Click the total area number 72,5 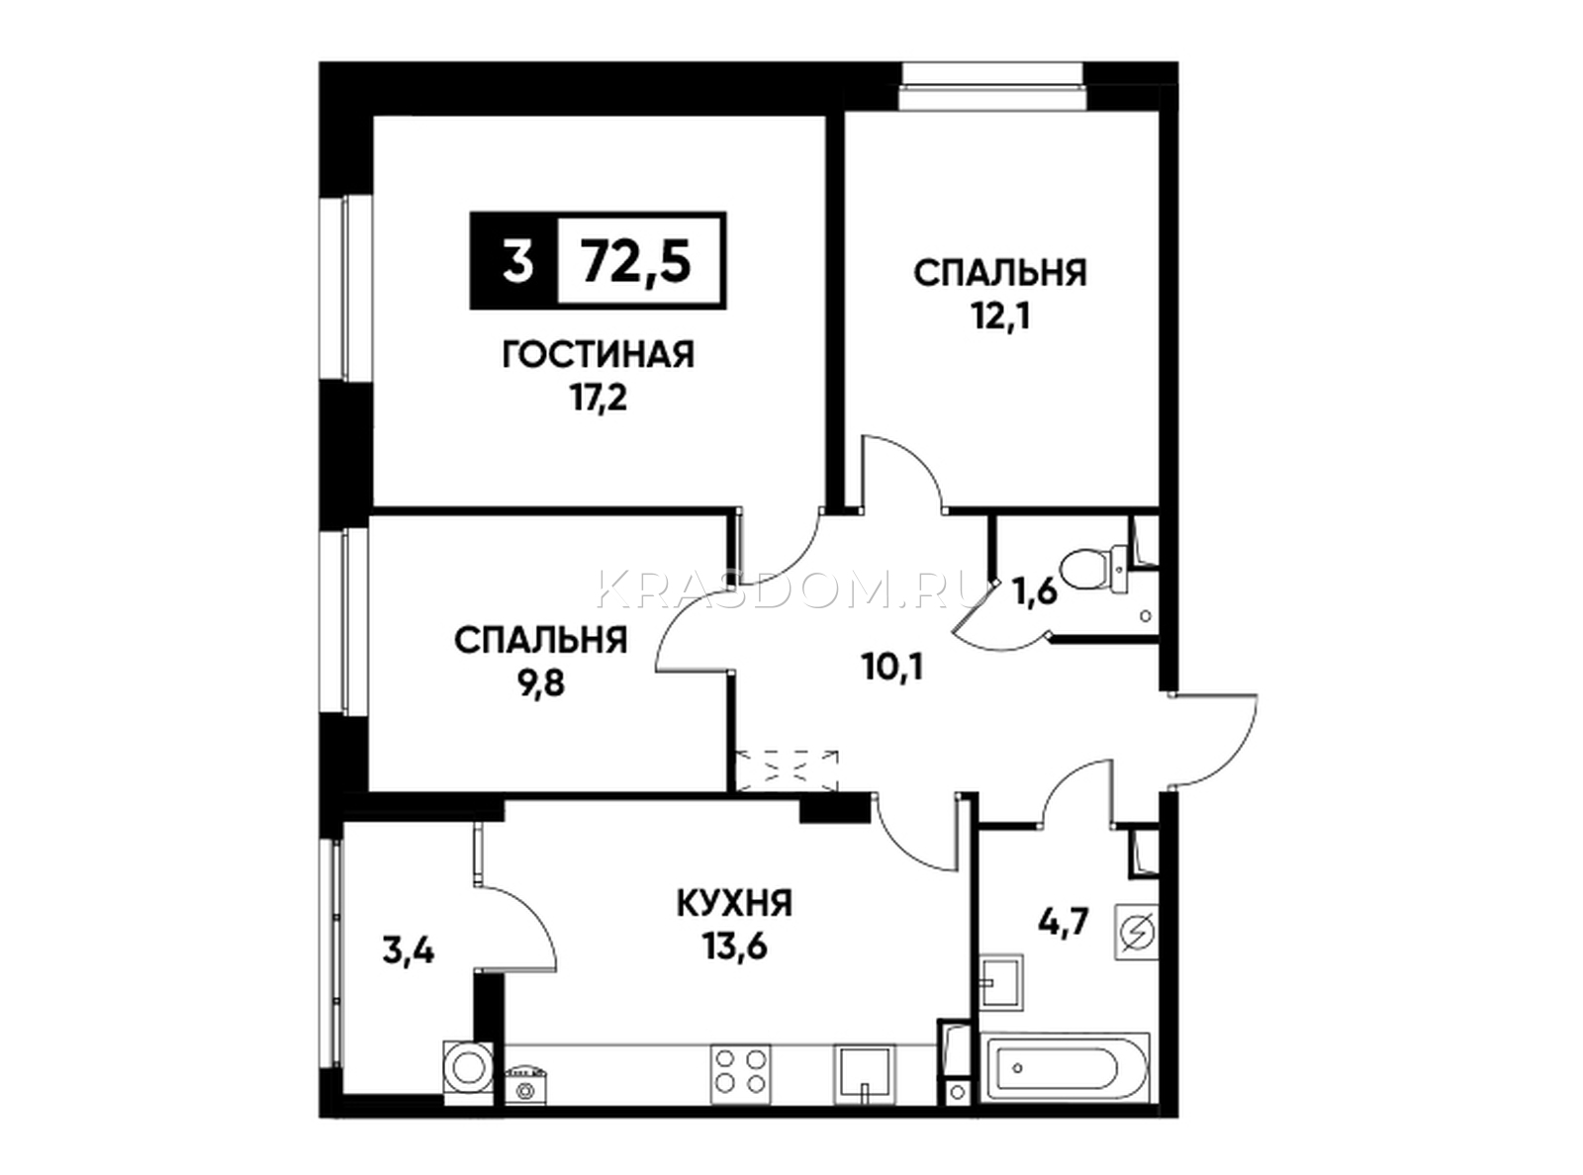coord(636,261)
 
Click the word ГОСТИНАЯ coord(599,354)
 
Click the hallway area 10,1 coord(892,669)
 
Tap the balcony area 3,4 coord(409,951)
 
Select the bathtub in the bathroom coord(1065,1086)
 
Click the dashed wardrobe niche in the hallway coord(786,769)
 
